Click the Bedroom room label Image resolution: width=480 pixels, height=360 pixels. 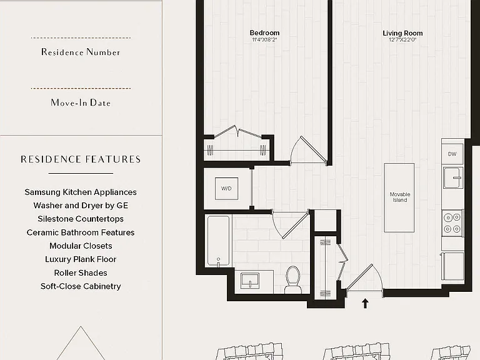(x=264, y=32)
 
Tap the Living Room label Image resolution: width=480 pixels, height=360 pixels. (x=402, y=33)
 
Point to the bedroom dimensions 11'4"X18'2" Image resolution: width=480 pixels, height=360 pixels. (x=264, y=40)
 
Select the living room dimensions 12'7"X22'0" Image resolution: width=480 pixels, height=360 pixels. (x=402, y=40)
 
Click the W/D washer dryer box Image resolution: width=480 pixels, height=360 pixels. (x=226, y=189)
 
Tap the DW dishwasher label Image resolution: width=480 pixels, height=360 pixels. (x=452, y=154)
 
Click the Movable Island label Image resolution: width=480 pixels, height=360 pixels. (x=400, y=197)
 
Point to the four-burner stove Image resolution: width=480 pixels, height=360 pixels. (x=452, y=223)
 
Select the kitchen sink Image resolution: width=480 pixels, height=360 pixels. (x=452, y=177)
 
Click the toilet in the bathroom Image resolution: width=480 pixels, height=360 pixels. (x=293, y=279)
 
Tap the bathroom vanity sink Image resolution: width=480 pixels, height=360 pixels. (x=250, y=281)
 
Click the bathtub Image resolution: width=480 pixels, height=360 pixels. (x=218, y=241)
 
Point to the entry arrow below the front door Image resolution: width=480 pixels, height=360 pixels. (x=365, y=303)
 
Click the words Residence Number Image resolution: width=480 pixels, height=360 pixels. (x=81, y=52)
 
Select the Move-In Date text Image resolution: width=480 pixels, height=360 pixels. (x=81, y=102)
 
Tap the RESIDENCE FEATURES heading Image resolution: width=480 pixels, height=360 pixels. (x=81, y=159)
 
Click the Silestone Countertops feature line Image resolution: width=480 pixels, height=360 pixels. (x=81, y=219)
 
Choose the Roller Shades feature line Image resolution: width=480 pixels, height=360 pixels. (x=81, y=272)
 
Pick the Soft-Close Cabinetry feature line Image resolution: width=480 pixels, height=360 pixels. (x=81, y=286)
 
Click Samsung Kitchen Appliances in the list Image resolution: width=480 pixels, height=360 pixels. (x=81, y=192)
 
